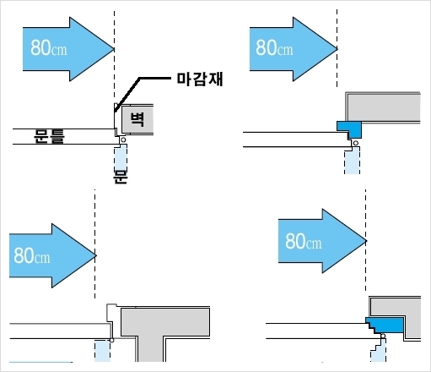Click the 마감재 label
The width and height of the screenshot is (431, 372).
200,79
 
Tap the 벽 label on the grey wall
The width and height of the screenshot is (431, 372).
137,119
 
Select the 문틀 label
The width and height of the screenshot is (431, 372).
49,136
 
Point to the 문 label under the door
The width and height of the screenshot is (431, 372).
121,177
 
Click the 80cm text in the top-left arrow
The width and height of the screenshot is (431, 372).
49,47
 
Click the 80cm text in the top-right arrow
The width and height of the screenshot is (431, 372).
274,47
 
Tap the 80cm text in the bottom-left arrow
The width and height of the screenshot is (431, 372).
32,255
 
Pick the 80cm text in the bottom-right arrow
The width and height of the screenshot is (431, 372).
304,241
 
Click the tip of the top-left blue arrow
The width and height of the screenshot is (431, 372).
114,49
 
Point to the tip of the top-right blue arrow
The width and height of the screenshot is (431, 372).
337,49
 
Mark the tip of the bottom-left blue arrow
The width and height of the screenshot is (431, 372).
96,255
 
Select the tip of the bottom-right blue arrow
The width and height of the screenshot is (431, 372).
367,241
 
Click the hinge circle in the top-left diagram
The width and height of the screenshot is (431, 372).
123,139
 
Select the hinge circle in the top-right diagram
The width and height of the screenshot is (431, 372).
356,143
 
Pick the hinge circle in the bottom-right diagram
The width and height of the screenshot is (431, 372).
383,336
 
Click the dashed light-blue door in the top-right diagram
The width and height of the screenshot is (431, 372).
353,161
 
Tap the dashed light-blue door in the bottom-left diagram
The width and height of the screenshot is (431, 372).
102,351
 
